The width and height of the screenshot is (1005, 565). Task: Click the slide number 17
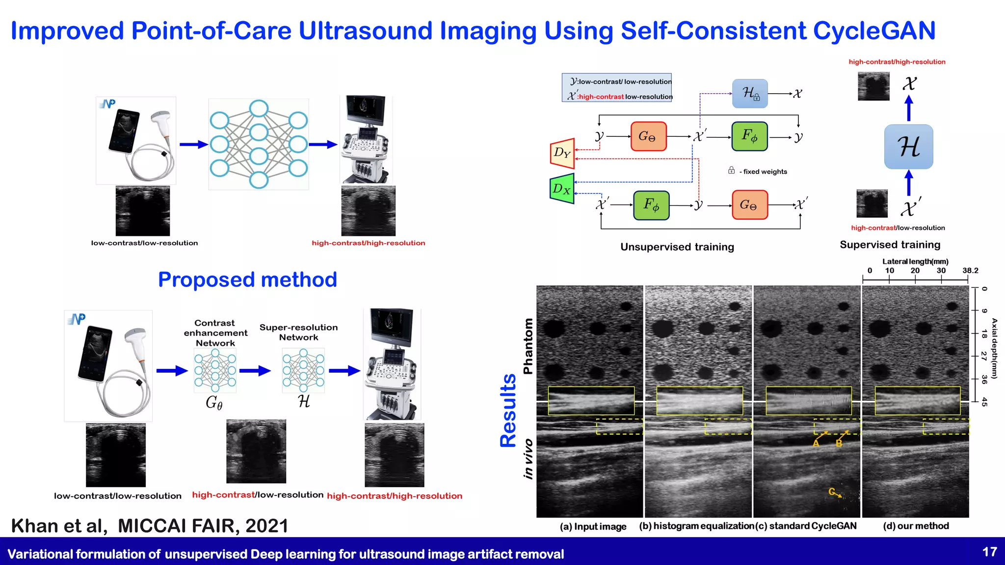click(x=989, y=552)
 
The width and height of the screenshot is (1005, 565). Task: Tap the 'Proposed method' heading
click(x=247, y=280)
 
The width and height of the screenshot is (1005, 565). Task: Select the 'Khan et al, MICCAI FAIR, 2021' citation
click(x=149, y=526)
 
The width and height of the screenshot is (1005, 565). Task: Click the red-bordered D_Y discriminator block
click(x=562, y=153)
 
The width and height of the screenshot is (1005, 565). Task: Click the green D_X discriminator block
click(x=562, y=188)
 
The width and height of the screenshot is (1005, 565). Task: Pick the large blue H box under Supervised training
click(x=908, y=147)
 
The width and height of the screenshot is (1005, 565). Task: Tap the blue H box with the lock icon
click(x=749, y=93)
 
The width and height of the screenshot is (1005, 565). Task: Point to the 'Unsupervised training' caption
click(x=677, y=247)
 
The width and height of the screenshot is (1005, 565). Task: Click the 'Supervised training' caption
click(x=890, y=244)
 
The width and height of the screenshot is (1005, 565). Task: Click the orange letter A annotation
click(x=816, y=443)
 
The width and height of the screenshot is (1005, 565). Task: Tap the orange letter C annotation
click(x=831, y=491)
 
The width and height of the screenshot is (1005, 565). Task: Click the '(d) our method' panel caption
click(x=916, y=526)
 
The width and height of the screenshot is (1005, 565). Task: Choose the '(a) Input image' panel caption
click(x=593, y=526)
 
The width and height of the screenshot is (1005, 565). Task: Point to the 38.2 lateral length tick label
click(x=970, y=270)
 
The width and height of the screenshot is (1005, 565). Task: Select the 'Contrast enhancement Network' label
click(x=215, y=333)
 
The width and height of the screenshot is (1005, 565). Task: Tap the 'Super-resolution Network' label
click(x=298, y=332)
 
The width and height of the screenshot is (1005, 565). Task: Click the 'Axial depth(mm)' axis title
click(x=994, y=348)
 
